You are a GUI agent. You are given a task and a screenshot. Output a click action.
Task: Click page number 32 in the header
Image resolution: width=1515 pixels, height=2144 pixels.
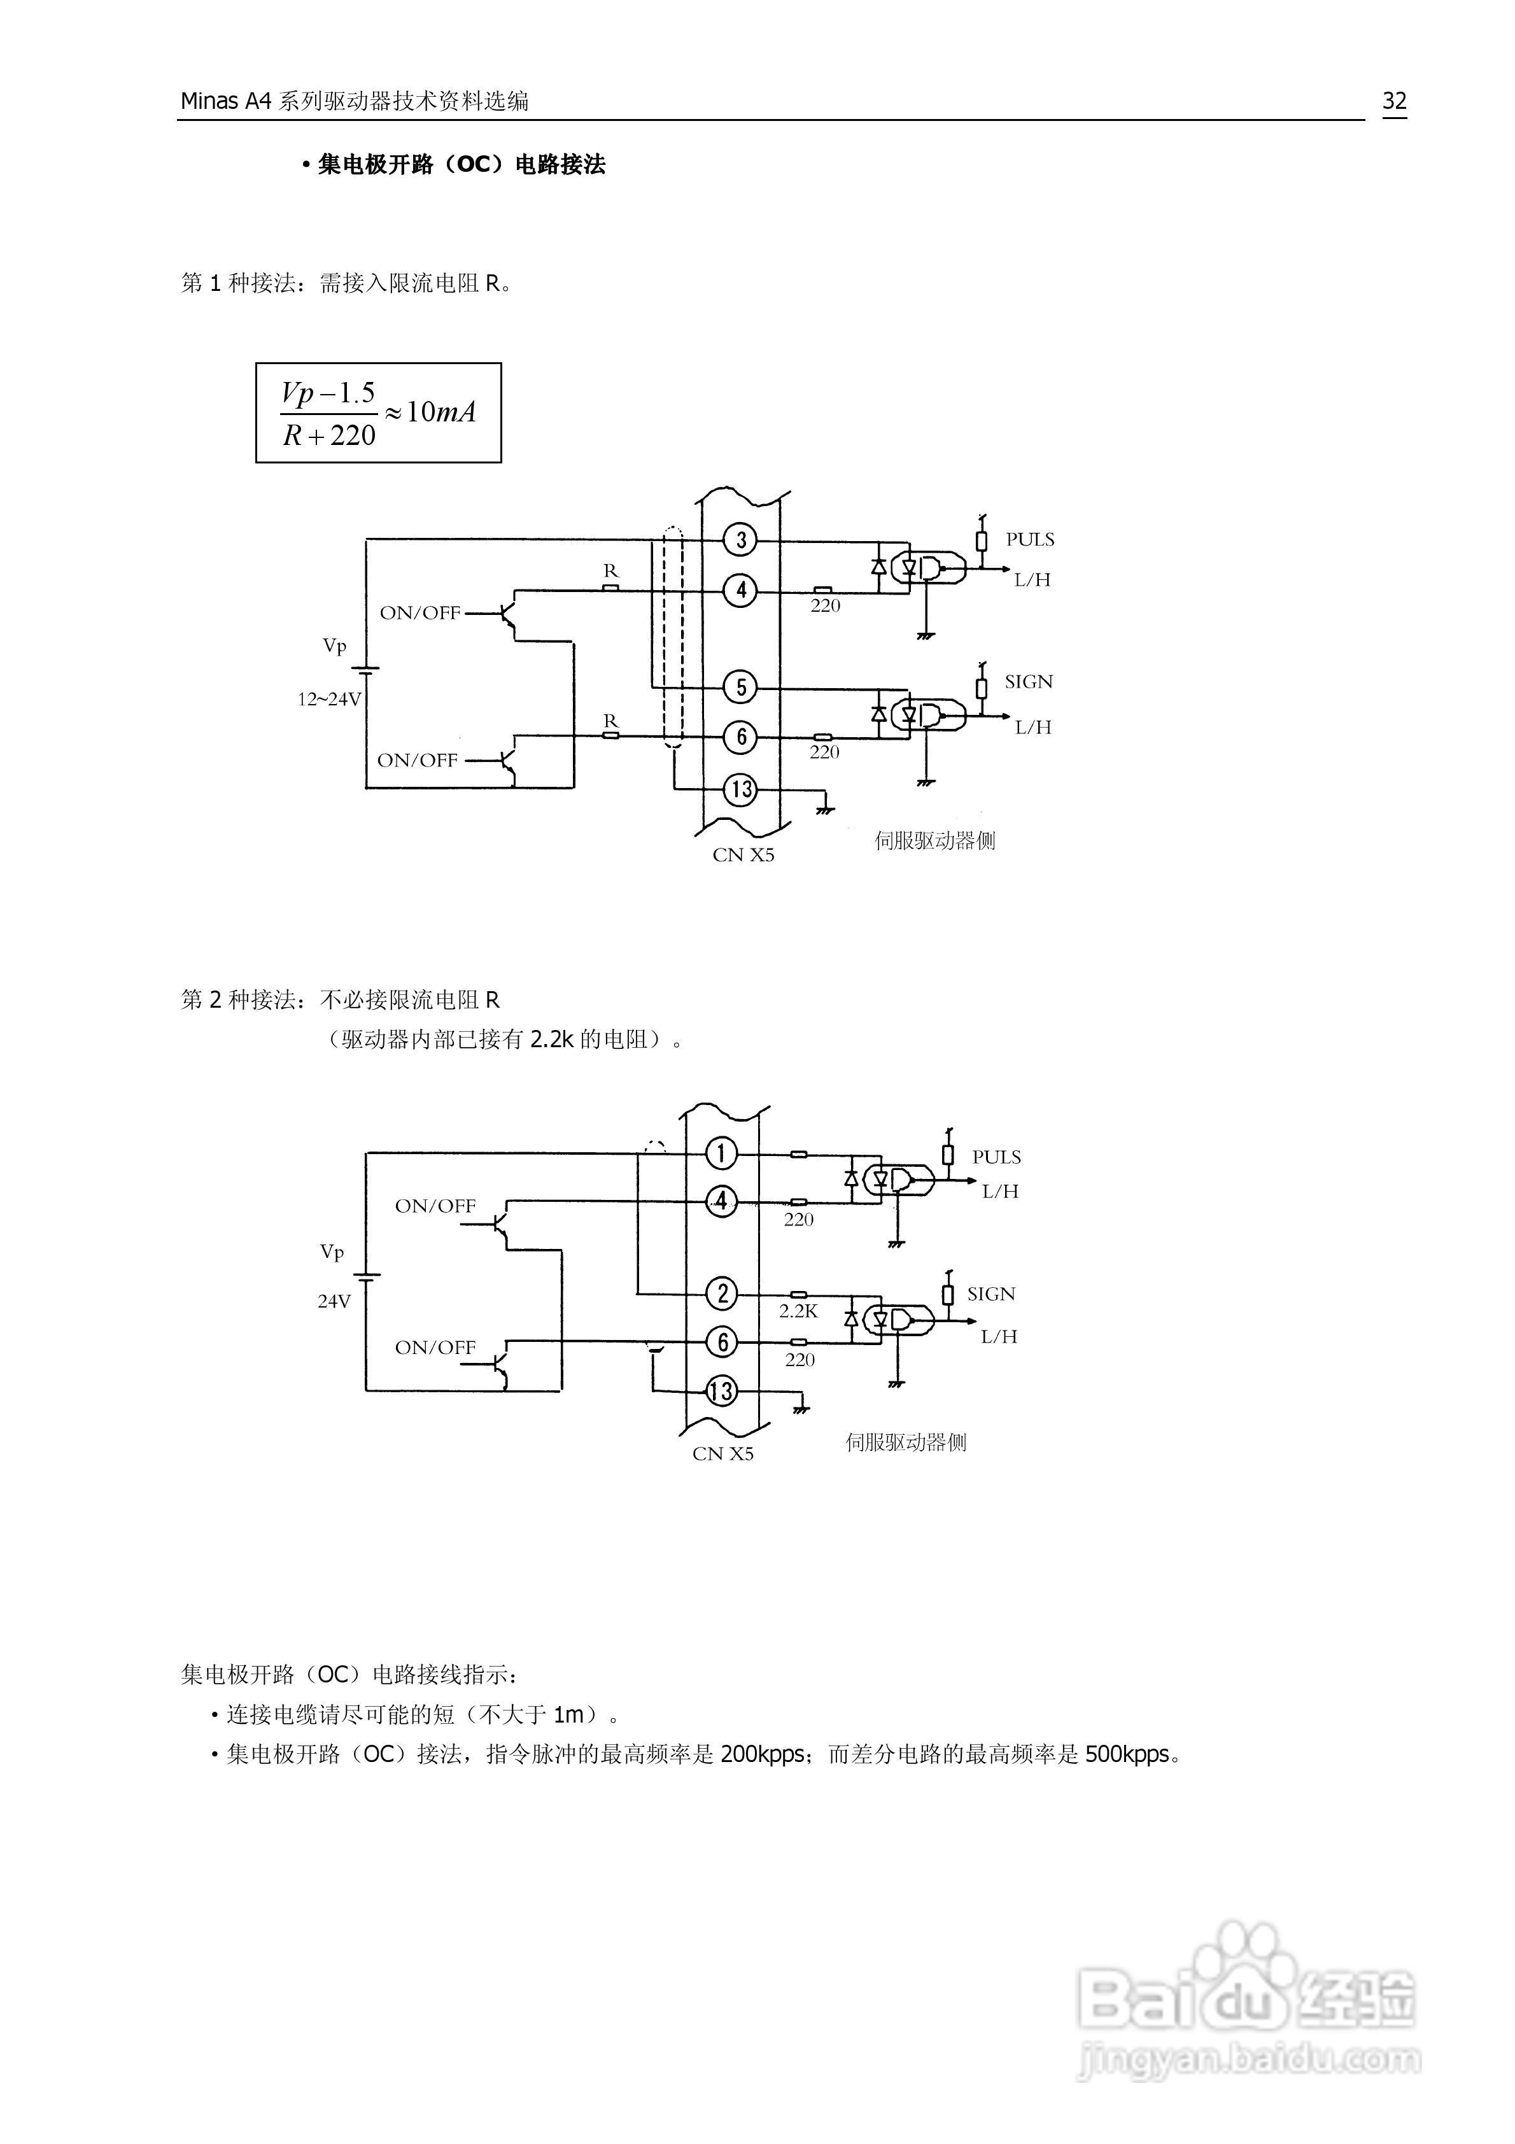1393,101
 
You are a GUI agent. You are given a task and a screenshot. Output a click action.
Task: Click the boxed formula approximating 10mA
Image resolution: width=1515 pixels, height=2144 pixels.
378,413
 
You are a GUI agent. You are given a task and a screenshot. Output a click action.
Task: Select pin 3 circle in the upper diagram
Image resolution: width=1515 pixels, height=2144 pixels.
741,540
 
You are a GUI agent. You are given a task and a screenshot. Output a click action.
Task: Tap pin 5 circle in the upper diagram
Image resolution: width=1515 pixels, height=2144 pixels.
741,688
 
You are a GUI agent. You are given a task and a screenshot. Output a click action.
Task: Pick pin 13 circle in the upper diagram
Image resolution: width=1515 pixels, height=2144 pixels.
741,789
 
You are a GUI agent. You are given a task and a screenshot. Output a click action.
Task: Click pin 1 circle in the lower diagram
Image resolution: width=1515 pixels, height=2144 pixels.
720,1153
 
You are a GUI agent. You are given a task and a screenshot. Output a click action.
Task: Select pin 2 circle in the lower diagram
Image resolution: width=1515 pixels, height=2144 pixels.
721,1294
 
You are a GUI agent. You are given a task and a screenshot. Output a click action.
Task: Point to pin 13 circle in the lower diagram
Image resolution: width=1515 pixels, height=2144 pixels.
720,1392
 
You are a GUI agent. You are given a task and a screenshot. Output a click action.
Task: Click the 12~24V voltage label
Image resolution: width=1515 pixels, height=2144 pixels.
328,700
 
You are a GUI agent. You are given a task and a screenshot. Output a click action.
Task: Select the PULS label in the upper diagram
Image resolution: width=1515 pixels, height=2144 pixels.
1029,540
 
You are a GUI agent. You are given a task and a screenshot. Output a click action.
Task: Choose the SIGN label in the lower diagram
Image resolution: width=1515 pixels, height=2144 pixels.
990,1294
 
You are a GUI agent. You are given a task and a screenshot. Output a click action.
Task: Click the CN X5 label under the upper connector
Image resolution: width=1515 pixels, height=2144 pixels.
743,856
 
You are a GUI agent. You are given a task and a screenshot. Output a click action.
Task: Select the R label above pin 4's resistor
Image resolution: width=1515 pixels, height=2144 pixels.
610,570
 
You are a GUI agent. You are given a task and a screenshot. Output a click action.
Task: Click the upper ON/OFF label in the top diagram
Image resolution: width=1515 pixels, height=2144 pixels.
419,614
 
